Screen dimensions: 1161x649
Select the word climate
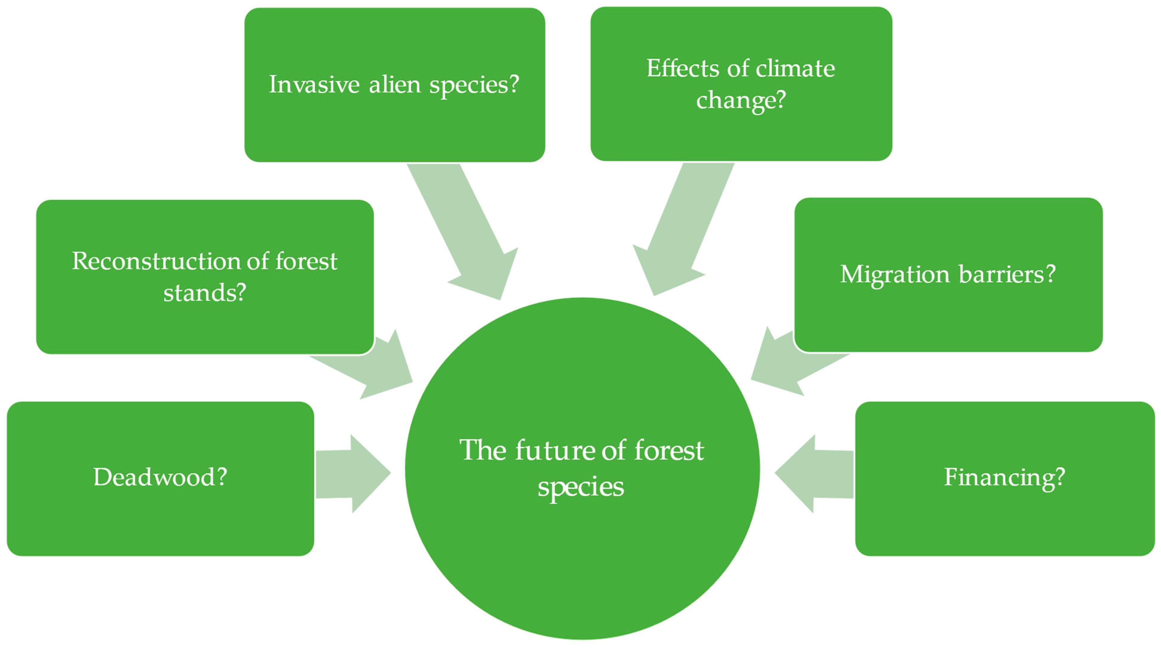click(795, 68)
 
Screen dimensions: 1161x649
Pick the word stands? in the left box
click(205, 293)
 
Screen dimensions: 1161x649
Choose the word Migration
click(895, 274)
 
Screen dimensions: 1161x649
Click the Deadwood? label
click(160, 477)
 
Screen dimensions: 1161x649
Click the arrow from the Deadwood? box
click(353, 474)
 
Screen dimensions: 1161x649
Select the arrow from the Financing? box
click(814, 474)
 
